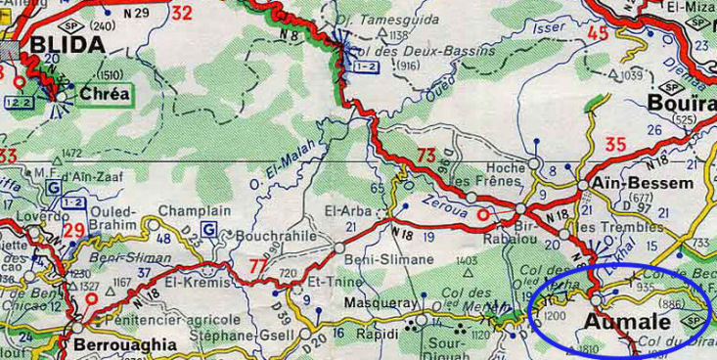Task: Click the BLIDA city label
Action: click(67, 44)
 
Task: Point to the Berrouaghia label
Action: click(125, 344)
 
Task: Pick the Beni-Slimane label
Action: click(390, 258)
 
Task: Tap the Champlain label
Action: click(194, 210)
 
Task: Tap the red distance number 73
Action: click(426, 155)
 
